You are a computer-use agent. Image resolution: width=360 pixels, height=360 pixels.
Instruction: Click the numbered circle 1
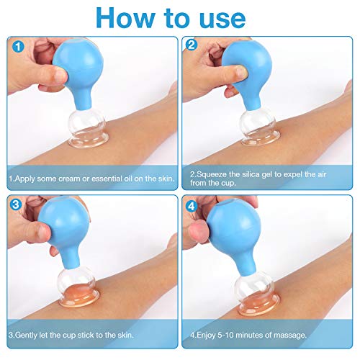click(x=18, y=47)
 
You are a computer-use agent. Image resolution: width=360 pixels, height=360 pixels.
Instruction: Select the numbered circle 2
click(x=192, y=45)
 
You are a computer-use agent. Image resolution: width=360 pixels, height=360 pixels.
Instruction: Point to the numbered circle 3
click(x=16, y=204)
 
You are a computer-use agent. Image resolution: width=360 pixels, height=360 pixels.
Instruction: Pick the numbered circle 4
click(x=192, y=206)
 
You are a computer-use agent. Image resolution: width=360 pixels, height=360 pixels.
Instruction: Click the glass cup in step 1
click(x=88, y=130)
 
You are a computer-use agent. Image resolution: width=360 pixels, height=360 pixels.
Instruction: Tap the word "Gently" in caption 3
click(x=26, y=335)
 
